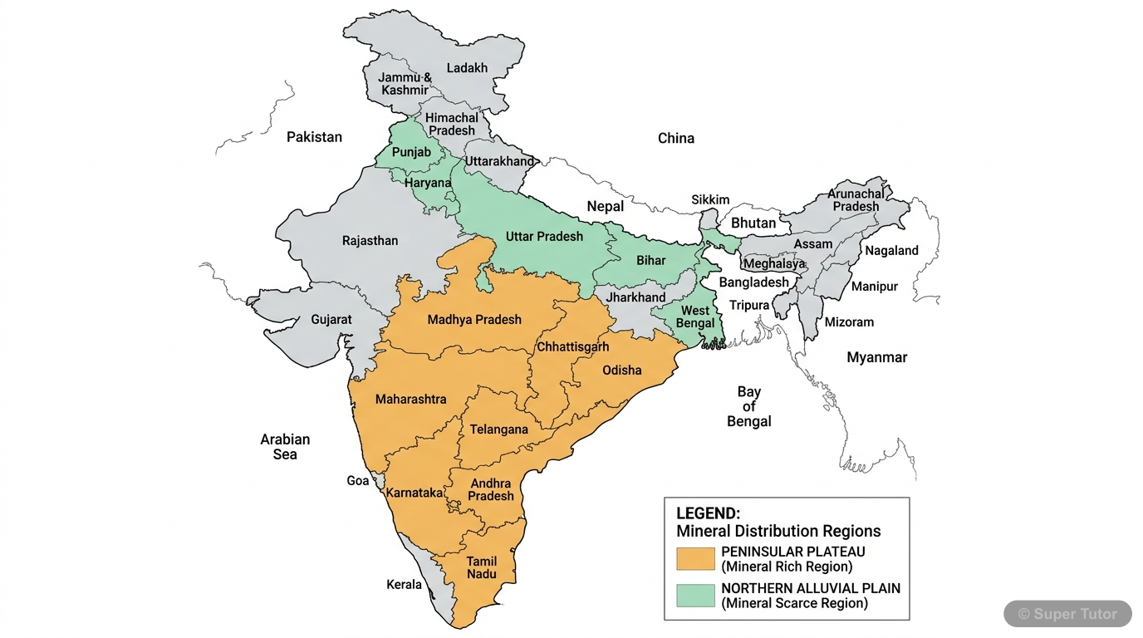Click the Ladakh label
pyautogui.click(x=467, y=68)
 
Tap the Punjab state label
pyautogui.click(x=411, y=152)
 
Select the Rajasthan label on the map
pyautogui.click(x=370, y=241)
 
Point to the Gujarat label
pyautogui.click(x=331, y=319)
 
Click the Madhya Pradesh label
pyautogui.click(x=474, y=319)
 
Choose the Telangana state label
pyautogui.click(x=498, y=429)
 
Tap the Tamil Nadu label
pyautogui.click(x=482, y=567)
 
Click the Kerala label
pyautogui.click(x=404, y=584)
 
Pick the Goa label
pyautogui.click(x=357, y=481)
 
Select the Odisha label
pyautogui.click(x=621, y=370)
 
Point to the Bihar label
pyautogui.click(x=651, y=260)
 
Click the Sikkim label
pyautogui.click(x=710, y=199)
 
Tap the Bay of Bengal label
pyautogui.click(x=748, y=406)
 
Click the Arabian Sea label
pyautogui.click(x=285, y=446)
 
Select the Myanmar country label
pyautogui.click(x=876, y=357)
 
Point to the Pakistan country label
pyautogui.click(x=314, y=137)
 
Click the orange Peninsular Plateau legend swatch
pyautogui.click(x=695, y=559)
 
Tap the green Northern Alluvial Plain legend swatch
pyautogui.click(x=695, y=596)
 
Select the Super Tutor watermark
pyautogui.click(x=1067, y=614)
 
